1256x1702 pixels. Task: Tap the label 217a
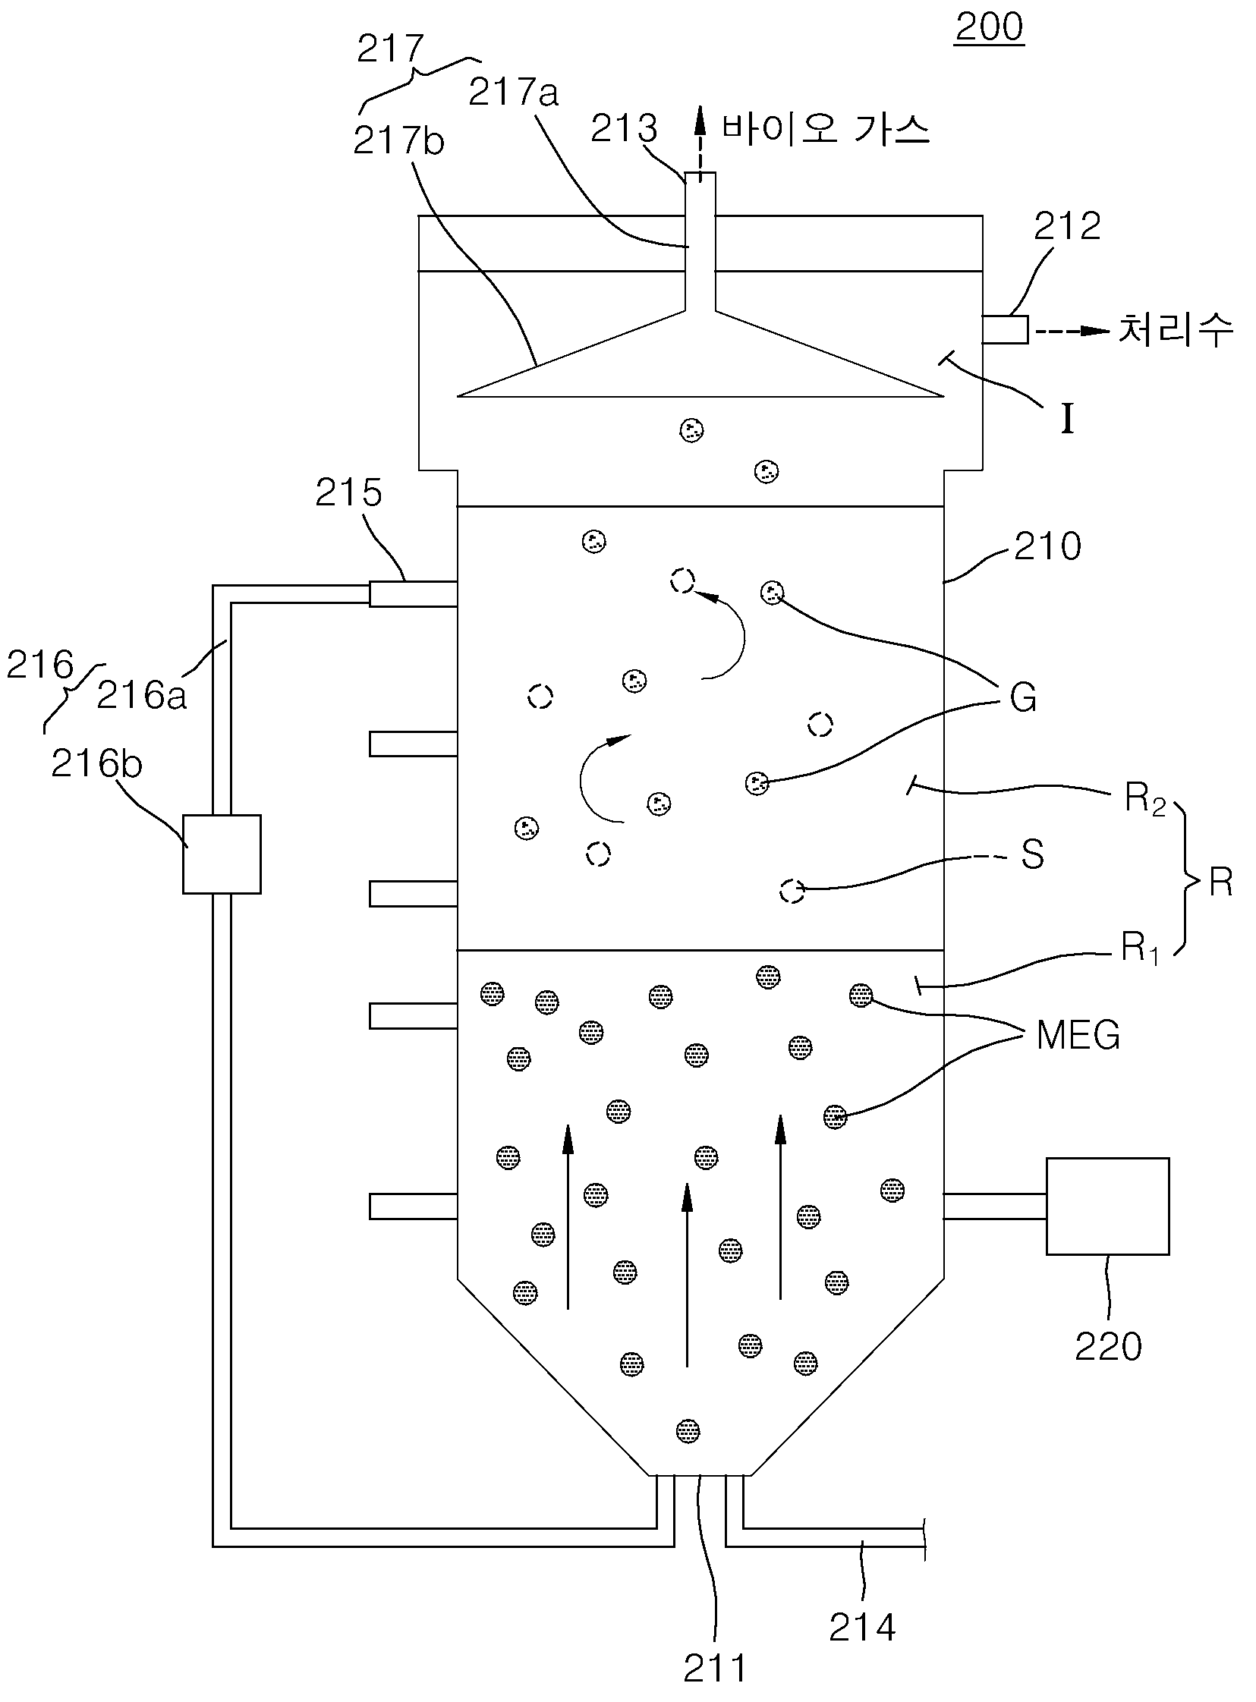click(513, 92)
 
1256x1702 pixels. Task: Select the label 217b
click(398, 141)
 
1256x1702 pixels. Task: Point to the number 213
click(623, 129)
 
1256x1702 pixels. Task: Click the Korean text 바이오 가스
click(826, 130)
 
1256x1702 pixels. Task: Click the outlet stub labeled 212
click(1005, 330)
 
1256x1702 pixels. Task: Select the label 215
click(348, 492)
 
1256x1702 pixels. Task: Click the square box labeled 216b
click(222, 854)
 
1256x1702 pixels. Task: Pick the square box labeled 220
click(1108, 1206)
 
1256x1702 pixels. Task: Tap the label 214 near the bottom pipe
click(862, 1627)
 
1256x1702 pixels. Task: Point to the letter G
click(1023, 697)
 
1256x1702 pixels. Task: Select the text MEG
click(1078, 1034)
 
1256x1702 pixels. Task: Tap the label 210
click(1048, 546)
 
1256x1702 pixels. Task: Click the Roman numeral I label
click(1068, 419)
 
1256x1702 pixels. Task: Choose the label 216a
click(141, 694)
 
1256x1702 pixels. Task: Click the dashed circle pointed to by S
click(792, 890)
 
